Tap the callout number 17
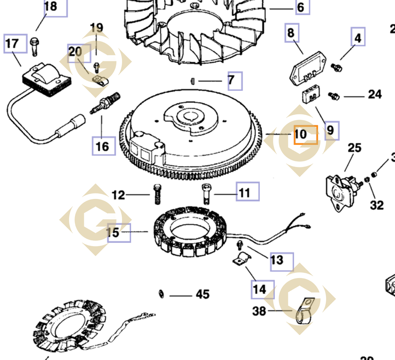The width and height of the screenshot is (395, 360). point(12,43)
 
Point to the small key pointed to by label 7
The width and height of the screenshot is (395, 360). point(192,81)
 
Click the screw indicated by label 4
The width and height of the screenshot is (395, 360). point(336,68)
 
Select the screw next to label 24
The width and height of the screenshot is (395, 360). point(334,95)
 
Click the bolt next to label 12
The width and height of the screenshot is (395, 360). point(157,194)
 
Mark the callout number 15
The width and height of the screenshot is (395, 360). point(113,233)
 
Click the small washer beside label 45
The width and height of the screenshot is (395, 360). point(161,294)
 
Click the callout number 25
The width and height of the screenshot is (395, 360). point(354,148)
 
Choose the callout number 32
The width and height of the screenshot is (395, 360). point(376,205)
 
